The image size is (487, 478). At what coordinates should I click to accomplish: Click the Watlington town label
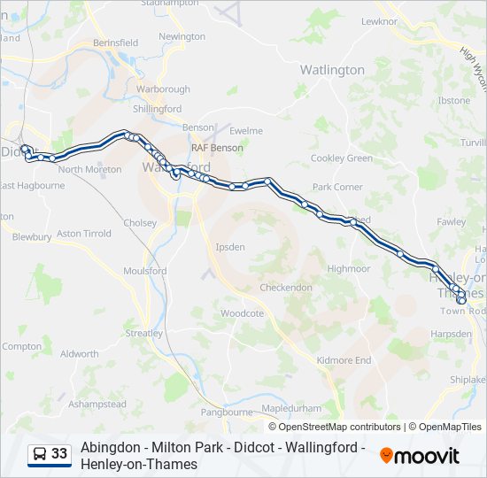pos(332,70)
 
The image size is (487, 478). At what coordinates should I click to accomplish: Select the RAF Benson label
pos(217,148)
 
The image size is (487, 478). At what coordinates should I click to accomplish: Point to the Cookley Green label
pos(342,158)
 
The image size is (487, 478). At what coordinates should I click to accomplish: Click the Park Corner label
pos(337,188)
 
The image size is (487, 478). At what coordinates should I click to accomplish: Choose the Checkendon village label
pos(286,288)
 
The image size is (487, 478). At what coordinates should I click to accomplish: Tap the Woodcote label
pos(242,313)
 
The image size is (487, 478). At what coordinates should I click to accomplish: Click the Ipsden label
pos(231,247)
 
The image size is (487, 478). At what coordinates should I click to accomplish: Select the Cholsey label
pos(141,223)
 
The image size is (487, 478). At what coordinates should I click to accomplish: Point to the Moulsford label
pos(145,271)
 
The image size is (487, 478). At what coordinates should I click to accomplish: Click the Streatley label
pos(144,334)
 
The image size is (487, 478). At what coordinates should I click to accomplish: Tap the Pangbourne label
pos(227,412)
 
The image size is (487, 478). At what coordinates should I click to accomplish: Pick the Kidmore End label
pos(344,360)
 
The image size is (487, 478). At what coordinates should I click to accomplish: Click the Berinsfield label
pos(116,42)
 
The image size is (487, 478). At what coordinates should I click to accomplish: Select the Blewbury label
pos(32,237)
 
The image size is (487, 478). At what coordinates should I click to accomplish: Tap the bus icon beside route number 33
pos(40,455)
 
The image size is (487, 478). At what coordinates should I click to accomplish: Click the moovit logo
pos(420,456)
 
